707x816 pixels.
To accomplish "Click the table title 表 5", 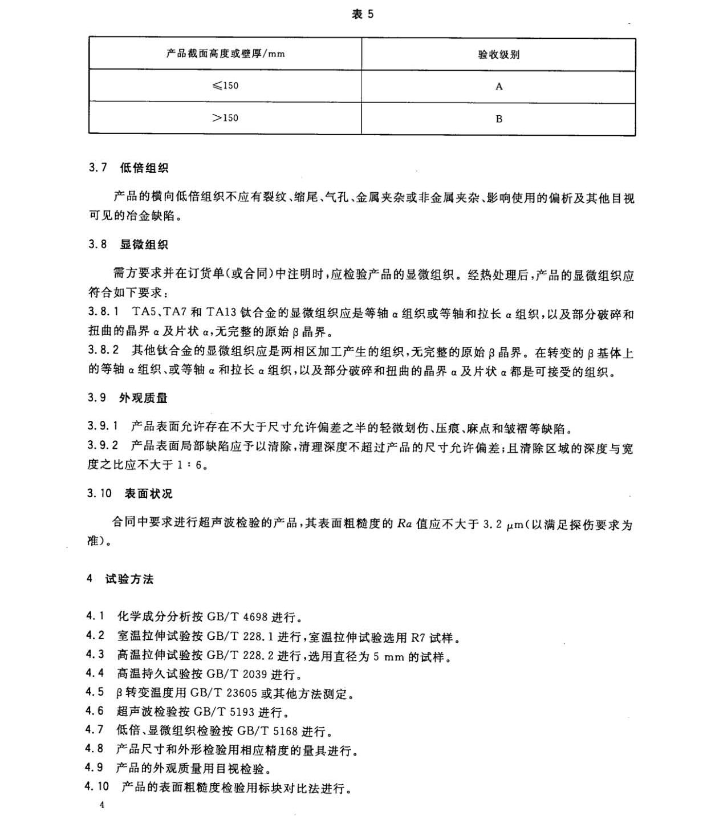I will (x=363, y=14).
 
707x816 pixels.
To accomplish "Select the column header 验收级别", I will (x=498, y=55).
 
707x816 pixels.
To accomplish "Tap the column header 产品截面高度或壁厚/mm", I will (x=225, y=54).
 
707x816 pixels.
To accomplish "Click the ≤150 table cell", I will (x=225, y=86).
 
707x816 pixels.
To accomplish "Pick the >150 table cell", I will (x=225, y=118).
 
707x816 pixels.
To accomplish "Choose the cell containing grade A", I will (x=499, y=87).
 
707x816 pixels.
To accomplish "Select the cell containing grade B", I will (x=499, y=119).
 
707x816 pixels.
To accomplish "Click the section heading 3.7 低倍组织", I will (x=128, y=168).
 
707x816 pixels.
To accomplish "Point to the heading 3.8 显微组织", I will (x=128, y=245).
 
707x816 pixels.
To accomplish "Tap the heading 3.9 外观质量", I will (x=128, y=398).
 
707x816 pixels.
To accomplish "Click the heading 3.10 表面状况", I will (x=129, y=494).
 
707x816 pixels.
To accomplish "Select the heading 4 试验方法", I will (x=120, y=579).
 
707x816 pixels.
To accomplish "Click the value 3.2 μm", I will (x=502, y=525).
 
